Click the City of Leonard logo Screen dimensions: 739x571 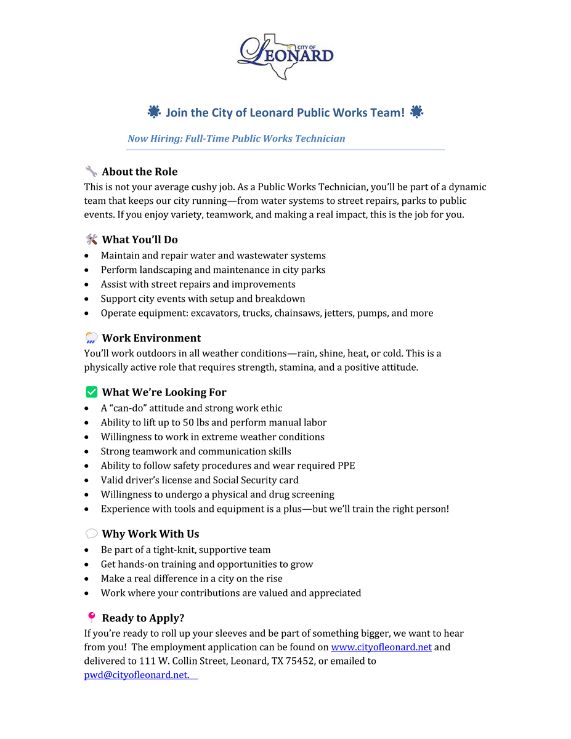click(x=285, y=56)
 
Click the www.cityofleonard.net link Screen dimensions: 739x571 click(x=381, y=647)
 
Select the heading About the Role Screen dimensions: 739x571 click(x=140, y=172)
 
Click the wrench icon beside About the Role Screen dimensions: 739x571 click(x=91, y=171)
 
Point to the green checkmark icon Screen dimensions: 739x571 click(x=92, y=392)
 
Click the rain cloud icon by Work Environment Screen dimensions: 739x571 click(x=91, y=337)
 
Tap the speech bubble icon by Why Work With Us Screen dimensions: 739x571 click(x=91, y=533)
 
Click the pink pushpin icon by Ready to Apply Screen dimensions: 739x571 click(x=91, y=617)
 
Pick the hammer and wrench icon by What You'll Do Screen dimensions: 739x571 click(x=91, y=239)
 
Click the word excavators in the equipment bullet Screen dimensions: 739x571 click(x=214, y=313)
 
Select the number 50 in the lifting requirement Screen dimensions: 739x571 click(x=188, y=422)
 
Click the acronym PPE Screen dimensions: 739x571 click(x=346, y=466)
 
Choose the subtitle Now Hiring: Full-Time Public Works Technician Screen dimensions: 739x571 click(x=236, y=139)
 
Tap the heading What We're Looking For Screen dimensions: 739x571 click(x=164, y=392)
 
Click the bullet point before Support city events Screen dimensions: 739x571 click(x=87, y=299)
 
